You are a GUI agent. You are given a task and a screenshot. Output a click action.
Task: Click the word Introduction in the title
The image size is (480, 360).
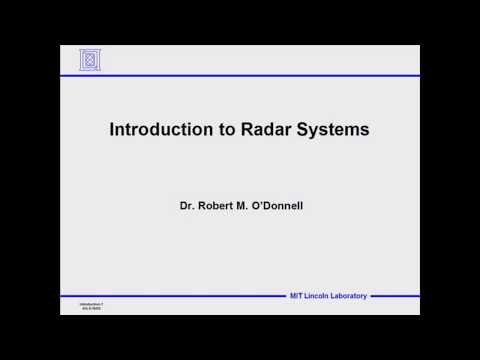pos(153,129)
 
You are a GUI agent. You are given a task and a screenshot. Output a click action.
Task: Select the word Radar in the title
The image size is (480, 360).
pos(254,129)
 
